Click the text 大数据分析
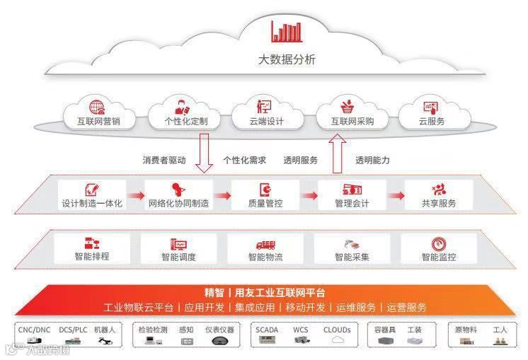pos(287,59)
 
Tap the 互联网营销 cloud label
pos(98,122)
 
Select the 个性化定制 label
pos(185,122)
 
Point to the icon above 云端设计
pos(263,107)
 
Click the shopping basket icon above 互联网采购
pos(348,107)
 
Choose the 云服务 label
pos(432,122)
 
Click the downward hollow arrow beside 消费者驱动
pos(205,156)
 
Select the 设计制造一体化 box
pos(92,195)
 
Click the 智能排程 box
pos(92,249)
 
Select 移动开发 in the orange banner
pos(306,308)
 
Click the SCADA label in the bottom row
pos(267,330)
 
